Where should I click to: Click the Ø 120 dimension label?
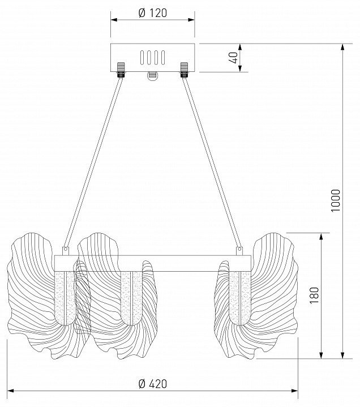pos(152,12)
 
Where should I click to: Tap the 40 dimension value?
pos(233,58)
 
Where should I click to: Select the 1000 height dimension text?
pos(335,200)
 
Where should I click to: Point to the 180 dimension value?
pos(314,295)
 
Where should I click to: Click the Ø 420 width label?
pos(153,384)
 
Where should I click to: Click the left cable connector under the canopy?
pos(121,70)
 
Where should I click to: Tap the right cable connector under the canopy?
pos(184,70)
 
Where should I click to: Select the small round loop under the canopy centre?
pos(152,76)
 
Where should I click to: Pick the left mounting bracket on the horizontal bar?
pos(66,250)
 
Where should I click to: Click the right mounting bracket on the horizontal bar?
pos(239,250)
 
